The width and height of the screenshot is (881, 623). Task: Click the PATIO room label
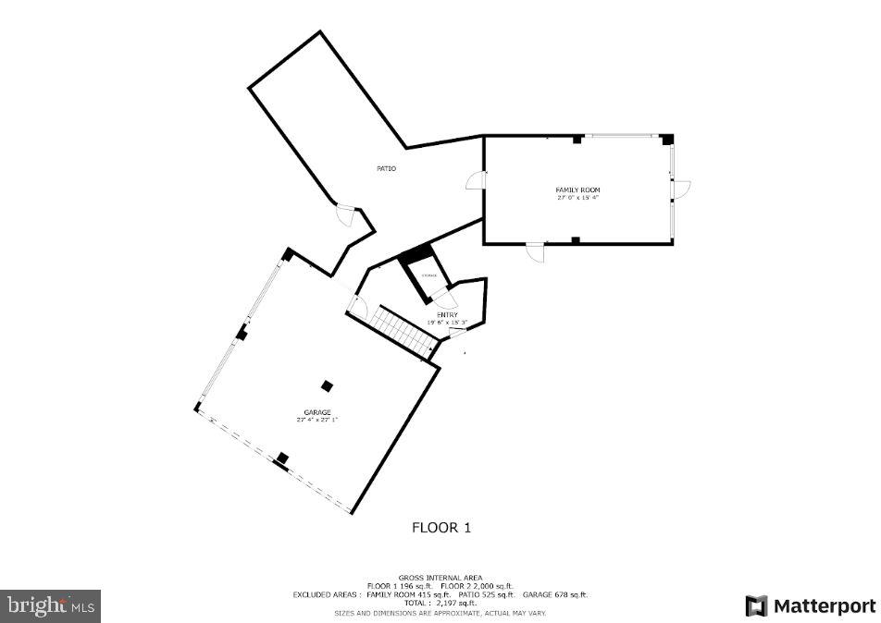point(386,168)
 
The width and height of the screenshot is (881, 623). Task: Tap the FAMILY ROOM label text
point(578,190)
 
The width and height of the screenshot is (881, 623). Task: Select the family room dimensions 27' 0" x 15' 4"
point(578,198)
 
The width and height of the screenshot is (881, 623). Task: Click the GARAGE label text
point(316,412)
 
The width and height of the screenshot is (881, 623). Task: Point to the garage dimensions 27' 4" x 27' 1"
point(316,420)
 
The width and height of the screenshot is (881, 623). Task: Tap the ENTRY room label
point(447,315)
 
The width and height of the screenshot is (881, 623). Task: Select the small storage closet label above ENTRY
point(429,275)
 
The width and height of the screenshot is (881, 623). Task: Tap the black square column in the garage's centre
point(327,385)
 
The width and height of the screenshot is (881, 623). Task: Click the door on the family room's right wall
point(682,189)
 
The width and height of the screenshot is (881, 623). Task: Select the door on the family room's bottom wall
point(536,251)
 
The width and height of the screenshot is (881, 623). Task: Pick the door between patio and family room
point(476,180)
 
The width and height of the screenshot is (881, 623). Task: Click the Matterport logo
point(811,606)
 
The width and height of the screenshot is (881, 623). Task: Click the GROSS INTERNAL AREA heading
point(440,578)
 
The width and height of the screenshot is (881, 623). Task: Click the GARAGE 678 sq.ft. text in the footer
point(555,595)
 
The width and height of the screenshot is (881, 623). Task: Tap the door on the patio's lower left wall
point(346,214)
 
